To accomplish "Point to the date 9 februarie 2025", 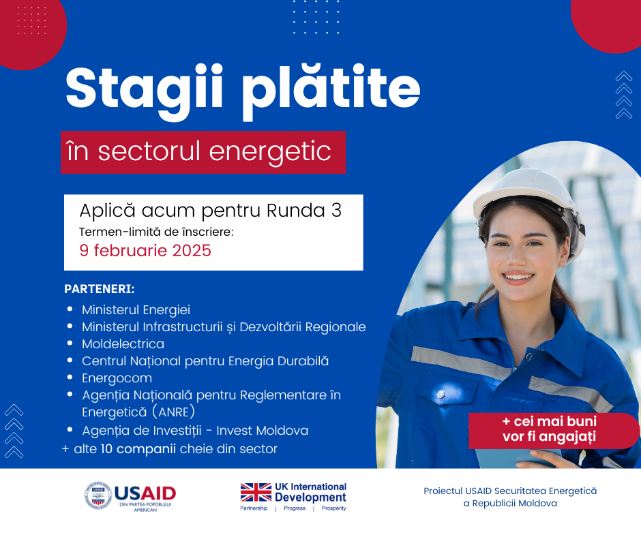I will coord(145,250).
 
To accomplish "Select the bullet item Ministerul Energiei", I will coord(136,309).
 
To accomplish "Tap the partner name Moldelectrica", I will coord(123,343).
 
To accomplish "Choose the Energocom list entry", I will coord(117,378).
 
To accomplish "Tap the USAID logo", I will coord(130,496).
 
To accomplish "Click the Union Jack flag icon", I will coord(256,492).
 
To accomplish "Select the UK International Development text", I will coord(310,492).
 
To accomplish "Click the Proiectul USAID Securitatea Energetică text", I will coord(510,491).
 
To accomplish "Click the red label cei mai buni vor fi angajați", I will coord(549,429).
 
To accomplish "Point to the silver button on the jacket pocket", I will coord(441,395).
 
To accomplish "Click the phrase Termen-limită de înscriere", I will coord(156,232).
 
